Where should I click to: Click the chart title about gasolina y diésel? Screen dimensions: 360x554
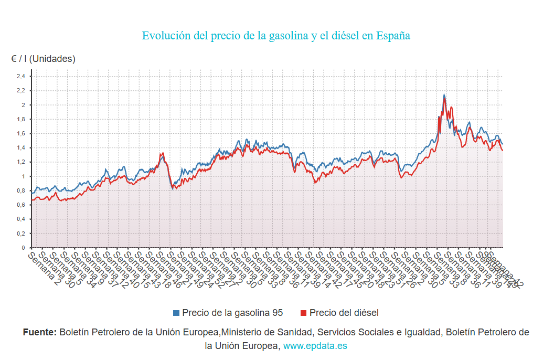click(276, 36)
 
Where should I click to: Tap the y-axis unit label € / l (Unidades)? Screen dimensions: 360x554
click(43, 59)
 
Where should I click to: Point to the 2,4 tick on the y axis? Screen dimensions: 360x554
click(20, 77)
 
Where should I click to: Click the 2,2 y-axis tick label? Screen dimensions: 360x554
click(20, 91)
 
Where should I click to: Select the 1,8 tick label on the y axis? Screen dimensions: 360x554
click(20, 119)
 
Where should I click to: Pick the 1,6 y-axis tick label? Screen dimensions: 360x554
click(20, 134)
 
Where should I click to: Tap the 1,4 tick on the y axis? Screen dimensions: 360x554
click(20, 148)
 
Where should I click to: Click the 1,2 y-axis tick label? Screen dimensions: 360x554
click(20, 162)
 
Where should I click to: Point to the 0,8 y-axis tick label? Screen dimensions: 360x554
click(20, 190)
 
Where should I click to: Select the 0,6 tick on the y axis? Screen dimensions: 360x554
click(20, 205)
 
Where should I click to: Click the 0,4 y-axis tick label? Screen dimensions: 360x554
click(20, 219)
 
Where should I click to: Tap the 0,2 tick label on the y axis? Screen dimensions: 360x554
click(20, 234)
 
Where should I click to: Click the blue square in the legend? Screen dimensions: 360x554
click(176, 313)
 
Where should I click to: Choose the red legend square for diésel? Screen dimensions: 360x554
click(303, 313)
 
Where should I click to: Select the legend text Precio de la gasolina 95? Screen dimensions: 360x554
click(232, 313)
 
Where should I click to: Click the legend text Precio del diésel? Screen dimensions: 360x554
click(344, 313)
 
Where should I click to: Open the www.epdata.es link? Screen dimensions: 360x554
click(315, 346)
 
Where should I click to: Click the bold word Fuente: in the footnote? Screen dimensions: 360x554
click(40, 332)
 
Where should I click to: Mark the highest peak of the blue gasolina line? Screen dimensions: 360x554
click(444, 95)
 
